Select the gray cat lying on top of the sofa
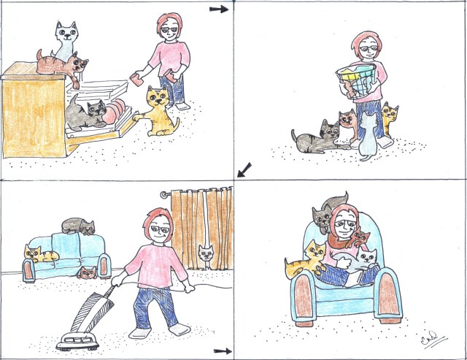pos(77,227)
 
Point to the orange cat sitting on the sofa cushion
pos(41,255)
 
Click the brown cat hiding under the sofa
pos(88,274)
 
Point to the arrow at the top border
pos(218,9)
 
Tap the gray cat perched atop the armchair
pos(321,217)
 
